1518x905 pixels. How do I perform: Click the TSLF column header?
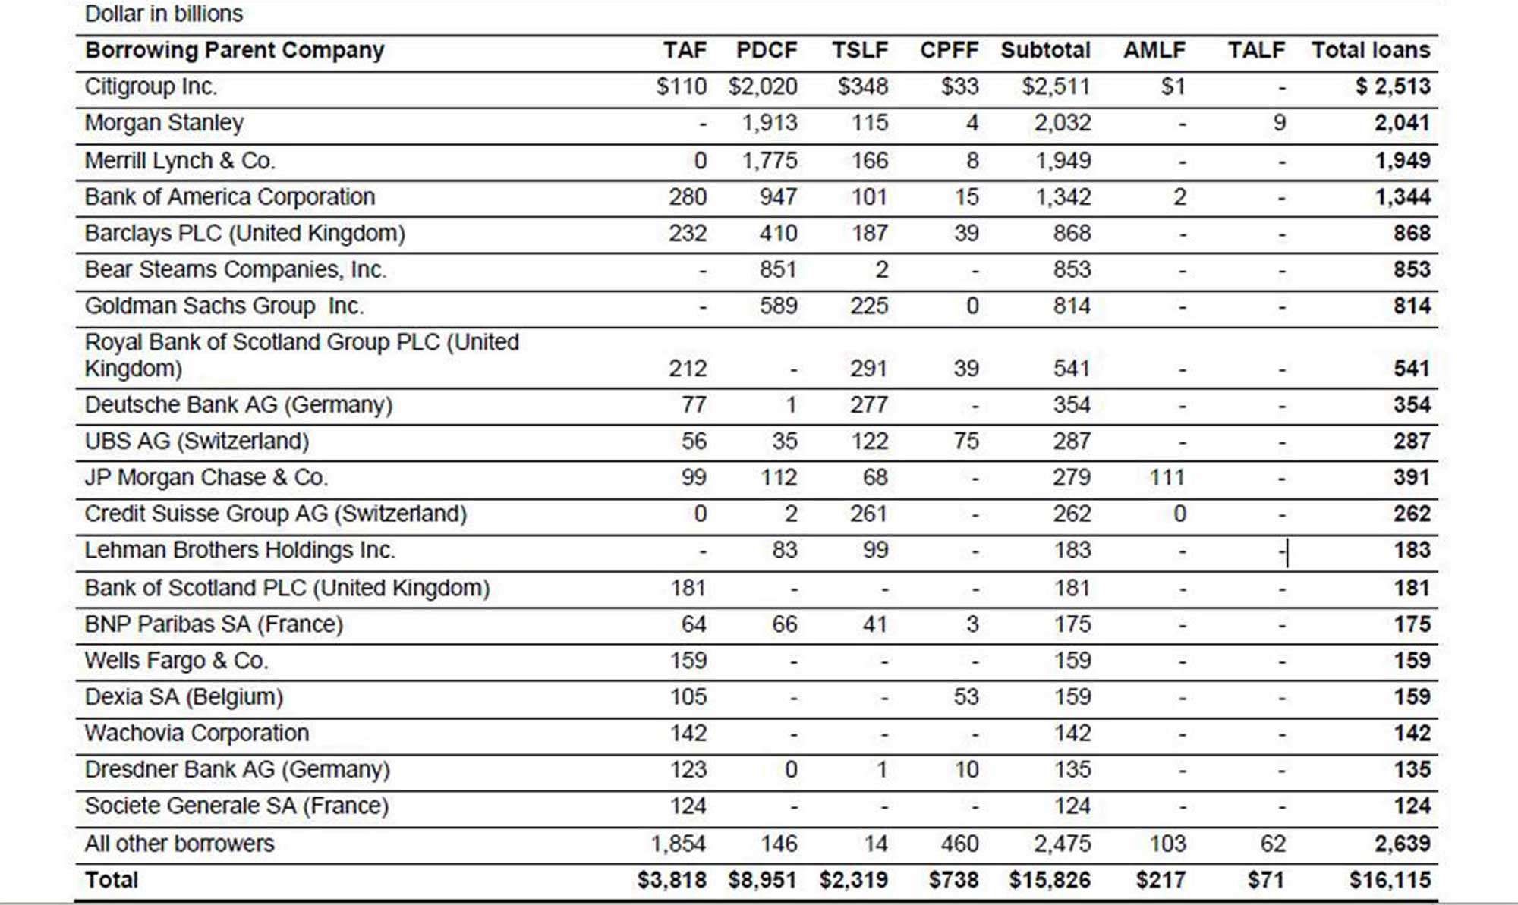[x=859, y=50]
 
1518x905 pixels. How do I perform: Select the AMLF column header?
[x=1154, y=50]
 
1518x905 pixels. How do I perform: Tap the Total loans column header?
[x=1371, y=50]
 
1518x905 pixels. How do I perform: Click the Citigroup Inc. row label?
[x=150, y=86]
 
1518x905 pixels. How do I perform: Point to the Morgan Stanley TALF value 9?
[x=1279, y=123]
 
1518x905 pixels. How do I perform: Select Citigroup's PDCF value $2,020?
[x=763, y=86]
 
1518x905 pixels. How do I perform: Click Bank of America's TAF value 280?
[x=688, y=197]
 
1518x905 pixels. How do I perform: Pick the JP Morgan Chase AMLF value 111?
[x=1167, y=478]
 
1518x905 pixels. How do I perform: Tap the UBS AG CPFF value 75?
[x=966, y=442]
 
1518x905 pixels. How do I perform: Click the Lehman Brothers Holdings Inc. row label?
[x=240, y=550]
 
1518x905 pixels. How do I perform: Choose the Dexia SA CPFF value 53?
[x=966, y=697]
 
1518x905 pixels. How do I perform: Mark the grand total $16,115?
[x=1390, y=880]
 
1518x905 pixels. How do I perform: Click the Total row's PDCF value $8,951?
[x=762, y=880]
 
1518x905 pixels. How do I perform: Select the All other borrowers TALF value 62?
[x=1273, y=844]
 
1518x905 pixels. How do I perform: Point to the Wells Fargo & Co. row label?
[x=176, y=661]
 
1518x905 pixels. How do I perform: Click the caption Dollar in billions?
[x=164, y=14]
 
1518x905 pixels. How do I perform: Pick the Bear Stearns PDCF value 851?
[x=778, y=270]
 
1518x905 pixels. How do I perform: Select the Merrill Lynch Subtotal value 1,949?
[x=1063, y=161]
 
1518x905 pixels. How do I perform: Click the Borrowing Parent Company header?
[x=235, y=51]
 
